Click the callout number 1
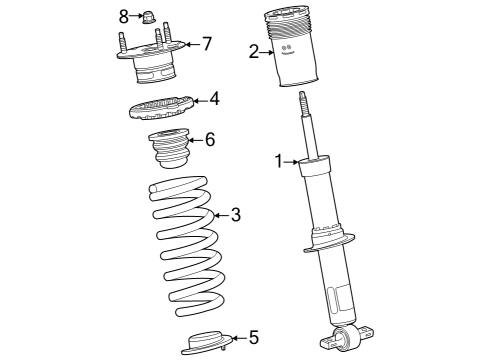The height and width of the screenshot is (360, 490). pyautogui.click(x=281, y=161)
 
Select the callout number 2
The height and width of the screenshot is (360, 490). pyautogui.click(x=254, y=52)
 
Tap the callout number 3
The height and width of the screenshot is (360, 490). pyautogui.click(x=236, y=213)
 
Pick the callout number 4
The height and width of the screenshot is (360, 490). pyautogui.click(x=214, y=98)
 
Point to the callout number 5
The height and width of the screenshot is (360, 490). pyautogui.click(x=253, y=337)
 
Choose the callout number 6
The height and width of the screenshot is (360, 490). pyautogui.click(x=210, y=141)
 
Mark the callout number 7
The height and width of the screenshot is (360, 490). pyautogui.click(x=207, y=43)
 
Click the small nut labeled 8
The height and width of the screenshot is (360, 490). pyautogui.click(x=146, y=17)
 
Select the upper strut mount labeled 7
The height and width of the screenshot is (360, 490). pyautogui.click(x=151, y=65)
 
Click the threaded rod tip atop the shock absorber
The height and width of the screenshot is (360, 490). pyautogui.click(x=300, y=101)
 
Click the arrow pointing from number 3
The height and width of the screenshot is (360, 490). pyautogui.click(x=220, y=213)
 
